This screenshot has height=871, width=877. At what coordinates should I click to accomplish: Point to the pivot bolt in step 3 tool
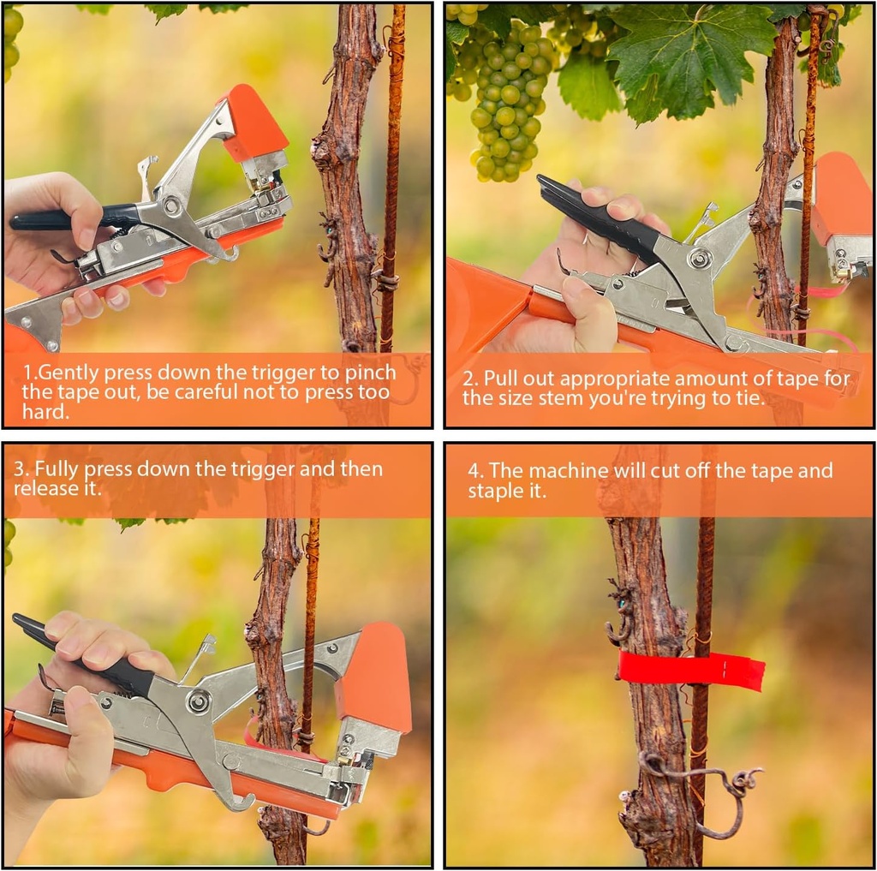[x=199, y=702]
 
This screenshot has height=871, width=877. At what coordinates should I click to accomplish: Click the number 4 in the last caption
[x=474, y=470]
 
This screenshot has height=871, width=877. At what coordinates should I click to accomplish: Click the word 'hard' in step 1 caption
[x=43, y=413]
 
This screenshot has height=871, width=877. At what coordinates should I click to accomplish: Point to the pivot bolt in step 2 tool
[x=700, y=259]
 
